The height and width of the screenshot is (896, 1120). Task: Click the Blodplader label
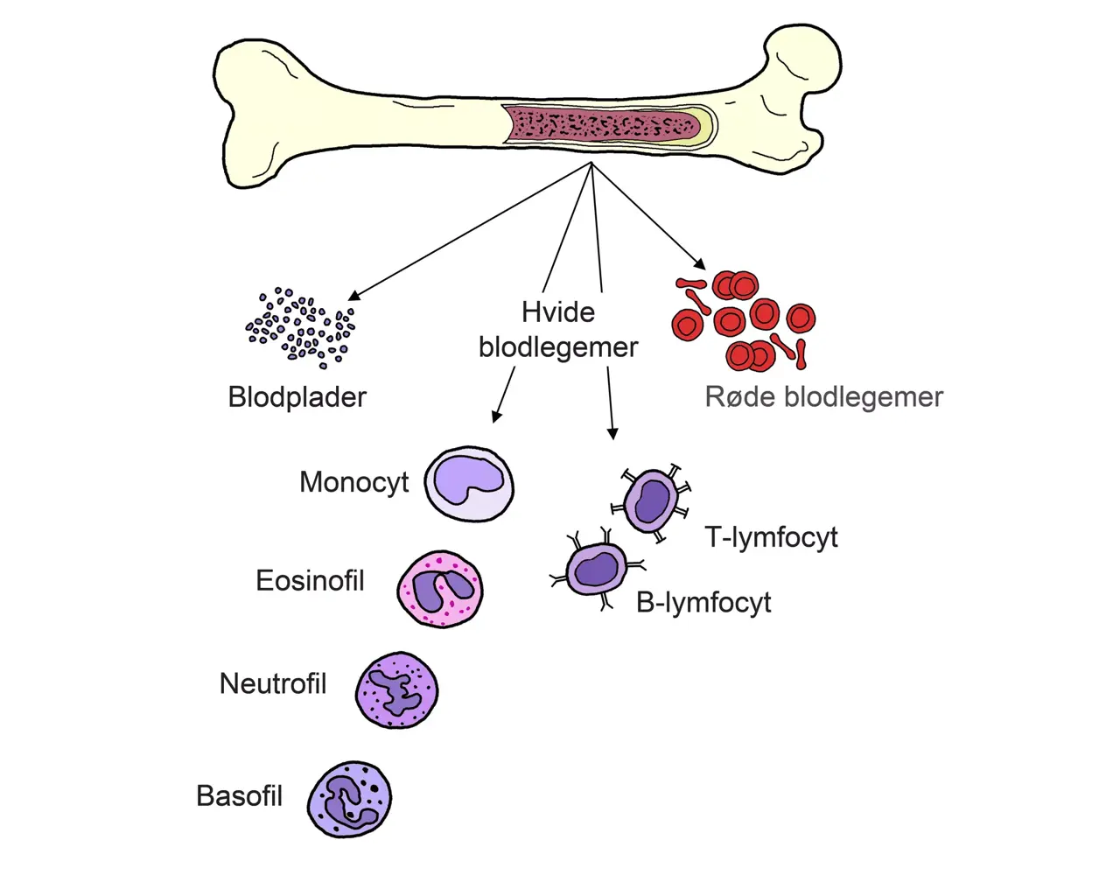pyautogui.click(x=297, y=397)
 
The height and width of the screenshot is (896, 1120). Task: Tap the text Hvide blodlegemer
pyautogui.click(x=558, y=330)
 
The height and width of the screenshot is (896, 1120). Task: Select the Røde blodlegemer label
pyautogui.click(x=823, y=397)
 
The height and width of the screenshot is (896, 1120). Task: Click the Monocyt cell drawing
pyautogui.click(x=469, y=484)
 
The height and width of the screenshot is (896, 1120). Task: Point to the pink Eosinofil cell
pyautogui.click(x=440, y=589)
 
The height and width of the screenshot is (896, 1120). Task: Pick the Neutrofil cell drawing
pyautogui.click(x=396, y=690)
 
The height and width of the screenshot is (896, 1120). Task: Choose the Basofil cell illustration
pyautogui.click(x=349, y=799)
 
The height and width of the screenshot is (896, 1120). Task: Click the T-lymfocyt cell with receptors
pyautogui.click(x=652, y=501)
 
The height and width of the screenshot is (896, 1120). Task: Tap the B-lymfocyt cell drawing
pyautogui.click(x=597, y=570)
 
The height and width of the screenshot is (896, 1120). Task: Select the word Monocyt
pyautogui.click(x=353, y=482)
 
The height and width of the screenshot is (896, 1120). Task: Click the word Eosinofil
pyautogui.click(x=310, y=581)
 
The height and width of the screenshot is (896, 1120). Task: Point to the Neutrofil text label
pyautogui.click(x=272, y=683)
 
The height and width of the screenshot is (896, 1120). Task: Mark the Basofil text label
pyautogui.click(x=239, y=796)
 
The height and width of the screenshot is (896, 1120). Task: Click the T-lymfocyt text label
pyautogui.click(x=771, y=537)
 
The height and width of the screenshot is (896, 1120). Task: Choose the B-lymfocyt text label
pyautogui.click(x=703, y=603)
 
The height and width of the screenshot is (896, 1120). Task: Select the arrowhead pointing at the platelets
pyautogui.click(x=353, y=296)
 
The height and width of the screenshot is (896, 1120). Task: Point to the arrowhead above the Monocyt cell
pyautogui.click(x=496, y=416)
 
